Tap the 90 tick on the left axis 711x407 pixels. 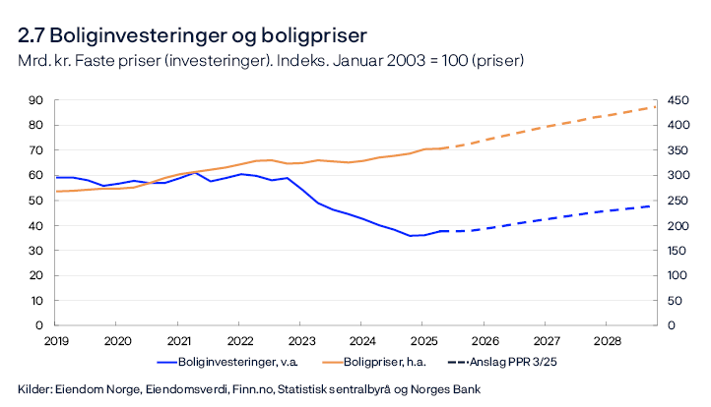(x=35, y=100)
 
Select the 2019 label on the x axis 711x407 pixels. (x=55, y=340)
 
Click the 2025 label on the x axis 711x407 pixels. (x=422, y=340)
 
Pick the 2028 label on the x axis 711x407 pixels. (x=606, y=340)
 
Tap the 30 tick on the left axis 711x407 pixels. (x=35, y=251)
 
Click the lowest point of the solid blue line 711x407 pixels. (x=411, y=236)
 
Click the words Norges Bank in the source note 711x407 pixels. (x=429, y=387)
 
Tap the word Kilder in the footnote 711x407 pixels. (x=34, y=387)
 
